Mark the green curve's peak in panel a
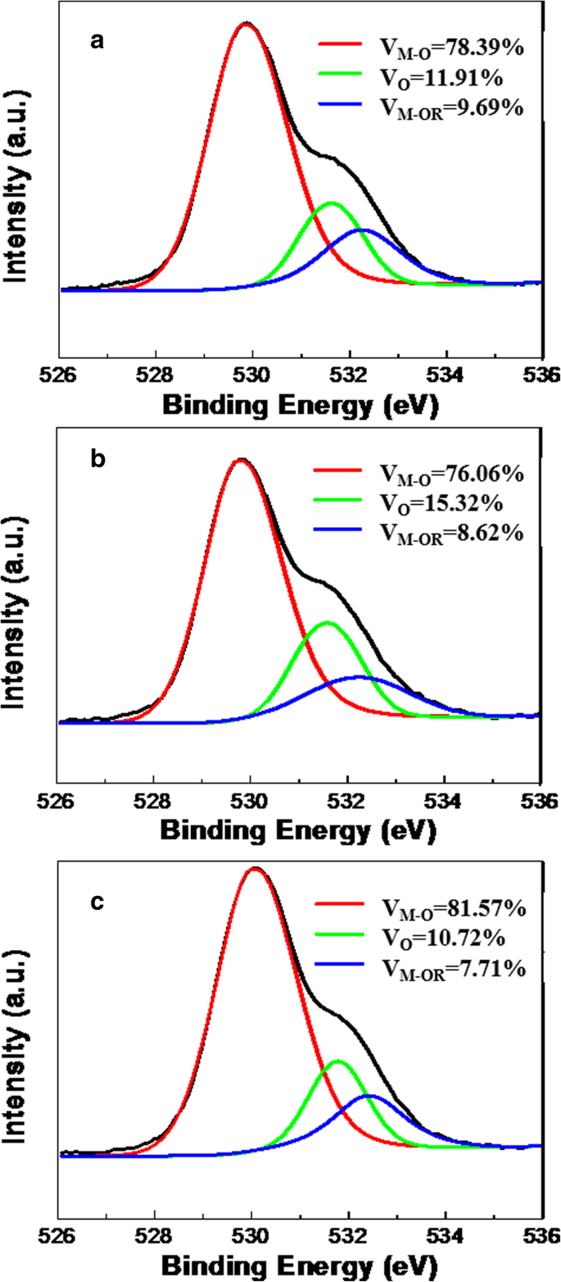[332, 202]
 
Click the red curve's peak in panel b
[241, 460]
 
